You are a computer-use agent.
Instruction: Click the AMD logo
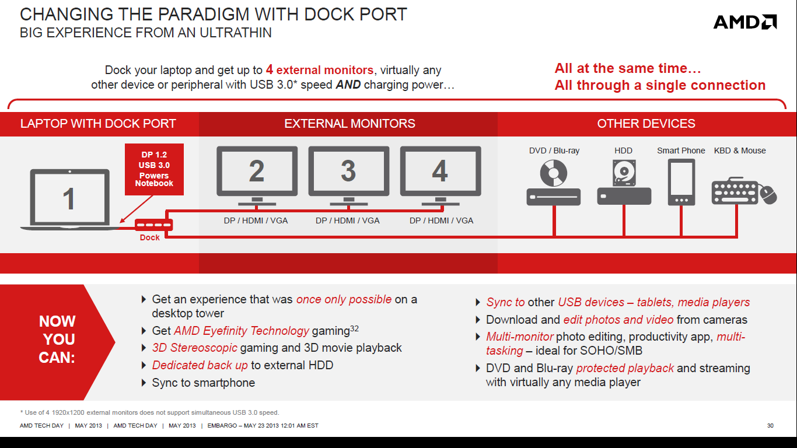pyautogui.click(x=744, y=22)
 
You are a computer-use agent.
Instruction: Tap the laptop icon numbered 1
pyautogui.click(x=70, y=199)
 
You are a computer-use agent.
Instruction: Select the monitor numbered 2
pyautogui.click(x=257, y=176)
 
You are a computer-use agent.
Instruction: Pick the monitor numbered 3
pyautogui.click(x=349, y=176)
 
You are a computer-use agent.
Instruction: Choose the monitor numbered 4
pyautogui.click(x=441, y=176)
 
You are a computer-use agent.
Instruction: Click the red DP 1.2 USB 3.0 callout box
pyautogui.click(x=154, y=169)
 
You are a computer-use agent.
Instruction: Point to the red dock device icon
pyautogui.click(x=153, y=225)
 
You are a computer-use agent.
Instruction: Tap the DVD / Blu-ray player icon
pyautogui.click(x=554, y=183)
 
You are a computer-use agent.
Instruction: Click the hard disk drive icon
pyautogui.click(x=624, y=182)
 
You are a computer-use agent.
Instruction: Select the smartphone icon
pyautogui.click(x=681, y=182)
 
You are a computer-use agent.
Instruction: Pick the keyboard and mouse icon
pyautogui.click(x=744, y=191)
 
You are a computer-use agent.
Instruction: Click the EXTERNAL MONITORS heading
pyautogui.click(x=349, y=124)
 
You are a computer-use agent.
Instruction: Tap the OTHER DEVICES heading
pyautogui.click(x=646, y=124)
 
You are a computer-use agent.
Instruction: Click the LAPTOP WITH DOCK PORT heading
pyautogui.click(x=98, y=124)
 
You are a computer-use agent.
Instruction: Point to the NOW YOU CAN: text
pyautogui.click(x=57, y=339)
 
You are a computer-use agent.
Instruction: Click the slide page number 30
pyautogui.click(x=770, y=426)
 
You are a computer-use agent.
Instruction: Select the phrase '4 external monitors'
pyautogui.click(x=320, y=70)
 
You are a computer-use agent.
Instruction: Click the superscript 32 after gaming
pyautogui.click(x=354, y=328)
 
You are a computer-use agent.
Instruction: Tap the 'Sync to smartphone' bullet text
pyautogui.click(x=203, y=383)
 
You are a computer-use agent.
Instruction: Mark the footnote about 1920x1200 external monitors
pyautogui.click(x=149, y=412)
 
